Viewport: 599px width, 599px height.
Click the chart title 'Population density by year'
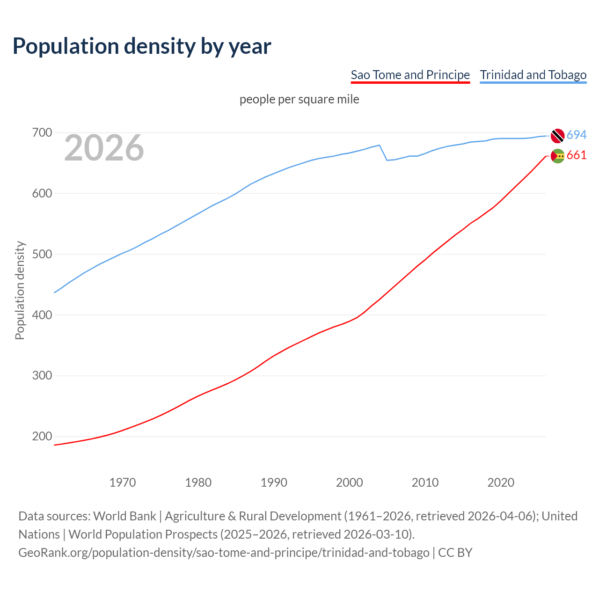point(142,46)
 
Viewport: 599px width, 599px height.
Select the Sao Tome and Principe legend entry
point(410,75)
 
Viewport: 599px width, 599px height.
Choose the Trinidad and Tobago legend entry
point(533,75)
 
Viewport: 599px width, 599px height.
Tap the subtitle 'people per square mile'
point(299,99)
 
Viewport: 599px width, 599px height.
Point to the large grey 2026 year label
point(104,148)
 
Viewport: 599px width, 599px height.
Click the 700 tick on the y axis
point(42,133)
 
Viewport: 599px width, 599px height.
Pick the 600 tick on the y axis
point(42,194)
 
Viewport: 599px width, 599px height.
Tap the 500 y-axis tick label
point(42,255)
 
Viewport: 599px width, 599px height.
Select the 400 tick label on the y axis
point(42,315)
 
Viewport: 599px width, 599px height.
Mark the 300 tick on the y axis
point(42,376)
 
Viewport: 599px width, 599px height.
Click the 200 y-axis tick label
point(42,437)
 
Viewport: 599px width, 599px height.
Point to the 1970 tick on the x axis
point(123,482)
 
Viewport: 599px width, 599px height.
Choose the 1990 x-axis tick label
point(274,482)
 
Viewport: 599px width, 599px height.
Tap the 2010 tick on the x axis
point(425,482)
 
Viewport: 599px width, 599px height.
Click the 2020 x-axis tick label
point(501,482)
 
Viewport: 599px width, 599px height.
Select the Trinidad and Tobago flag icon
point(557,135)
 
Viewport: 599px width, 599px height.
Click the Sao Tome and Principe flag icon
point(557,156)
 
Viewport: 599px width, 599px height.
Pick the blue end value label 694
point(577,135)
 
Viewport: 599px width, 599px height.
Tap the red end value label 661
point(577,155)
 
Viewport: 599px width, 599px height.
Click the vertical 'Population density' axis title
point(20,290)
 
